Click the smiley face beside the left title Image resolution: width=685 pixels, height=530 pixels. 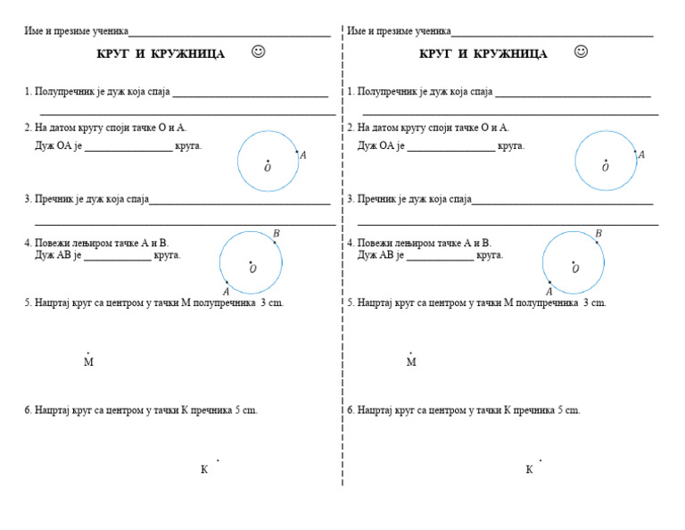(259, 52)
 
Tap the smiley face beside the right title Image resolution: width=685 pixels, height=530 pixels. (581, 52)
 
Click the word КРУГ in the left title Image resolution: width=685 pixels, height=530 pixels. (113, 54)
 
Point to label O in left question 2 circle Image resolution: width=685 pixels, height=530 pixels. (267, 168)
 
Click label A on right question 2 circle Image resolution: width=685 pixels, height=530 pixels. (641, 154)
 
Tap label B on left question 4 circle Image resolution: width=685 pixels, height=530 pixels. (276, 234)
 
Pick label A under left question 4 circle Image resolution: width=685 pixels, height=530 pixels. (226, 292)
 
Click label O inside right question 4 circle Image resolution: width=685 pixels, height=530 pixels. (575, 269)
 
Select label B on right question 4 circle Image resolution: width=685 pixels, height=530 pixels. (598, 234)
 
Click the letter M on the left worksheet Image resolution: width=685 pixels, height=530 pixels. (88, 362)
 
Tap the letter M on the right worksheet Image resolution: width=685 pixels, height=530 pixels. (411, 362)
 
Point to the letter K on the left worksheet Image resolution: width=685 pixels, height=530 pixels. (204, 469)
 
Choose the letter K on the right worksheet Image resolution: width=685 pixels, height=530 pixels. (529, 469)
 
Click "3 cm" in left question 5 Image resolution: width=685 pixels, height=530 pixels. (271, 303)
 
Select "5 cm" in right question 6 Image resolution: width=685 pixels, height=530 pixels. (568, 410)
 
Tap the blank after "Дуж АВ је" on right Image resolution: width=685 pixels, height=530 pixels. (440, 256)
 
